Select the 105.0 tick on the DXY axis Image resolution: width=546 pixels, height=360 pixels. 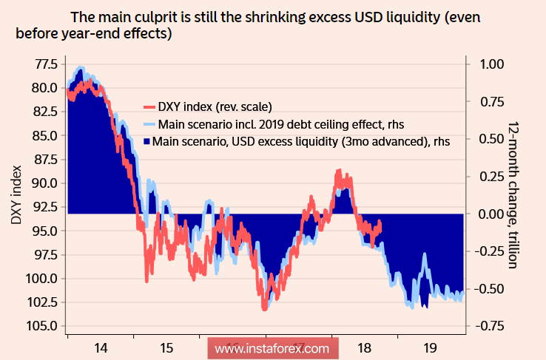click(44, 326)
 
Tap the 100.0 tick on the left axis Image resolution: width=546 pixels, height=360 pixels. click(44, 279)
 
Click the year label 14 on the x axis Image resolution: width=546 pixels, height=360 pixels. click(101, 347)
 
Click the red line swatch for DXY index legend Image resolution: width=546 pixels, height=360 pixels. click(148, 105)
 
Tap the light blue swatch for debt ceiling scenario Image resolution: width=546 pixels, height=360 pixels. click(148, 123)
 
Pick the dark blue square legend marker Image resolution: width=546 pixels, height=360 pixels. click(146, 140)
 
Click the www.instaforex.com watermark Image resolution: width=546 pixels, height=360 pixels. click(272, 347)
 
